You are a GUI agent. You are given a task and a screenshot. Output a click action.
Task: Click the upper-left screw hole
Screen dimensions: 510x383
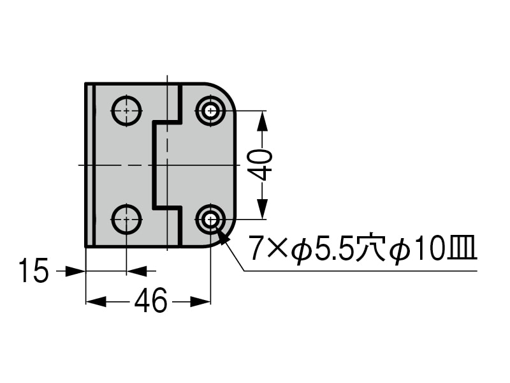click(x=126, y=110)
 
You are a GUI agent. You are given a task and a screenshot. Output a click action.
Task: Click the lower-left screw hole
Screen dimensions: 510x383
click(x=126, y=220)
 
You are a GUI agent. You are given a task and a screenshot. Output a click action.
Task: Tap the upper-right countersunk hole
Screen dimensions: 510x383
click(x=211, y=110)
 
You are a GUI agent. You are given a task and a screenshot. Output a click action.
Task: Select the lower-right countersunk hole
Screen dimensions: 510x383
click(x=211, y=220)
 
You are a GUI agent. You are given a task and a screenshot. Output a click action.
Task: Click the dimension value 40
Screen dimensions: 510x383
click(x=262, y=165)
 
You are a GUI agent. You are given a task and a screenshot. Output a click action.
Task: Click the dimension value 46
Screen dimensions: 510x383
click(x=150, y=300)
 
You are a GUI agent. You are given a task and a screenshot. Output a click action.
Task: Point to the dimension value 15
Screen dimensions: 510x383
click(x=34, y=270)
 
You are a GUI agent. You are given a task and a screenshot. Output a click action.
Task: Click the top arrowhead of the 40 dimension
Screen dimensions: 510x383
click(x=262, y=121)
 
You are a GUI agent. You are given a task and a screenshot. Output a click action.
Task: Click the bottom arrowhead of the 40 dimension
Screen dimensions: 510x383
click(x=262, y=209)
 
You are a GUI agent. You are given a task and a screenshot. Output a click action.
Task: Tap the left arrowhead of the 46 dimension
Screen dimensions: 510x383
click(x=96, y=301)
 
